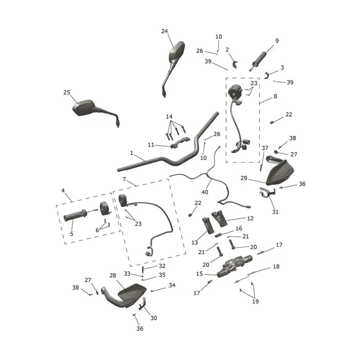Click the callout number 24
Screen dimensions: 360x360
tap(164, 31)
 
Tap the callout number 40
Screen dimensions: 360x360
tap(205, 192)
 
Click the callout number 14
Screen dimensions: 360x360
tap(169, 117)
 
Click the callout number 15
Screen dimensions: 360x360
tap(199, 274)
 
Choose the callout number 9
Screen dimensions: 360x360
tap(277, 40)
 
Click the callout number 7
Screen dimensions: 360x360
tap(124, 179)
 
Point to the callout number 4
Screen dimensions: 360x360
tap(63, 190)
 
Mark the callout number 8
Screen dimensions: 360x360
tap(275, 96)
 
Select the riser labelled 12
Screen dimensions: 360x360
tap(219, 218)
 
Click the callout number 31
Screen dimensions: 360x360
tap(275, 212)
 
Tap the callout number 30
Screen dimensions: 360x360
tap(153, 318)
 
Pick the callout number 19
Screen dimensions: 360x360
tap(256, 301)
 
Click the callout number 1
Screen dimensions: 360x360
tap(131, 153)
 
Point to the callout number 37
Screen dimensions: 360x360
tap(265, 148)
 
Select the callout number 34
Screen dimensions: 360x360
tap(172, 285)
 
